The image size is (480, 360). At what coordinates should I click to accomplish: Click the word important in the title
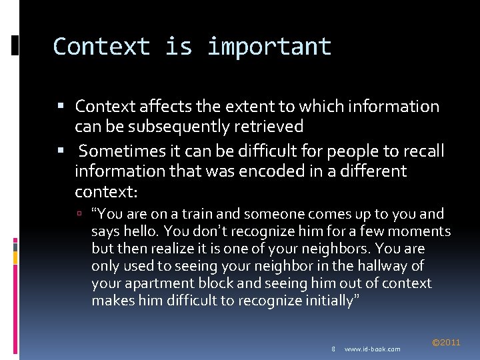[x=269, y=47]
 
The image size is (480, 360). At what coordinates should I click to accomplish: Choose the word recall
[x=421, y=151]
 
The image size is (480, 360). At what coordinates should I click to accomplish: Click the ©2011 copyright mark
[x=446, y=343]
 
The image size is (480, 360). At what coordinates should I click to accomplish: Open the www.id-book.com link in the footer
[x=373, y=349]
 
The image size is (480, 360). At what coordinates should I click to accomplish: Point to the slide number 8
[x=333, y=349]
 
